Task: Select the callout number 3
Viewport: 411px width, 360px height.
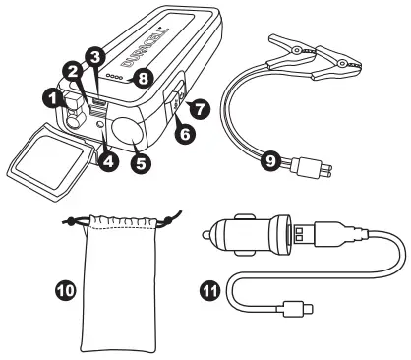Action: click(x=95, y=57)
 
